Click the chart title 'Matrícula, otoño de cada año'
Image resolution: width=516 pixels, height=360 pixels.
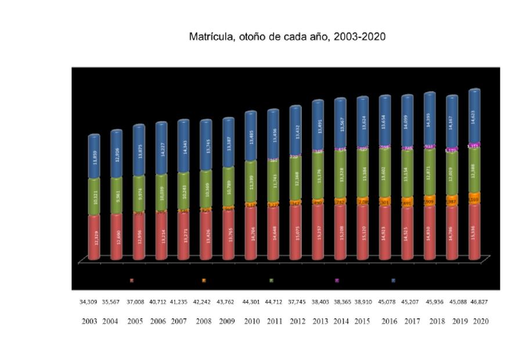[287, 37]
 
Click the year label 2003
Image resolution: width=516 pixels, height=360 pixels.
[90, 321]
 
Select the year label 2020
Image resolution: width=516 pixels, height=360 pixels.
[481, 321]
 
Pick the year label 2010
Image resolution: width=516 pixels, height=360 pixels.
[252, 321]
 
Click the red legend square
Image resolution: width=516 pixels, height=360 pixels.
[132, 280]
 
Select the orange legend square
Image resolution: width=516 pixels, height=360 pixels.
[204, 280]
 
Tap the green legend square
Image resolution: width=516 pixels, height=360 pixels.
[271, 280]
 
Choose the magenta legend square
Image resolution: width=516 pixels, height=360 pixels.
[337, 280]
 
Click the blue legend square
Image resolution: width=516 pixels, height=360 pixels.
[394, 280]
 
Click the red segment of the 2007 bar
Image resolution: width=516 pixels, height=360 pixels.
[184, 236]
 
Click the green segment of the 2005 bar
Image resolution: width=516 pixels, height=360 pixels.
[140, 193]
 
